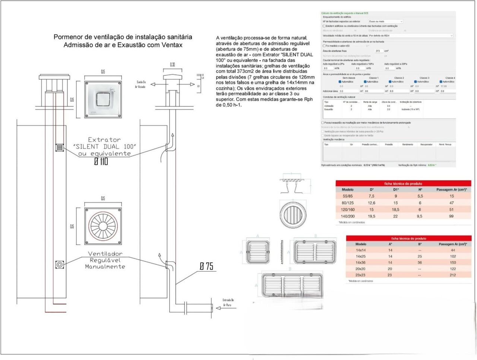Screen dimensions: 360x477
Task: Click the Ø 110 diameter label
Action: [101, 161]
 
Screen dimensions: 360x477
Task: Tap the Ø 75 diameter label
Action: [206, 266]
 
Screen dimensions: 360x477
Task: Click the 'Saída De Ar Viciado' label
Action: [141, 84]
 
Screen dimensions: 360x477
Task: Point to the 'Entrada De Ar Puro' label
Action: [228, 302]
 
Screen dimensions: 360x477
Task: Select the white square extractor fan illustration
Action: [103, 100]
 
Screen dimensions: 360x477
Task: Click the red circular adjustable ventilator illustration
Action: [103, 226]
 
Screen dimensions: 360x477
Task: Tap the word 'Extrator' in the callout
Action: [104, 140]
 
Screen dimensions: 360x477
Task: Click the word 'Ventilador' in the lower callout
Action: [105, 254]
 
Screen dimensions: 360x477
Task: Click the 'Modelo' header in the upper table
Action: [347, 190]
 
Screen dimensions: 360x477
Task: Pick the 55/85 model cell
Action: [347, 196]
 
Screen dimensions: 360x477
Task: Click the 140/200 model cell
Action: [347, 216]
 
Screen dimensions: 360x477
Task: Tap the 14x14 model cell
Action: [360, 250]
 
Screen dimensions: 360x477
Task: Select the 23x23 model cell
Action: [360, 275]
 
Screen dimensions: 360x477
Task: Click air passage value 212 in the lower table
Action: [452, 275]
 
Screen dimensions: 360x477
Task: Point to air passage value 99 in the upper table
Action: [451, 216]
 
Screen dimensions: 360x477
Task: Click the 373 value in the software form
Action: [378, 51]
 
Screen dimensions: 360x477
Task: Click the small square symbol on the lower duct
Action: [59, 265]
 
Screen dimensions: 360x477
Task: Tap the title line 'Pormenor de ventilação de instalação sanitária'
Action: [123, 37]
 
